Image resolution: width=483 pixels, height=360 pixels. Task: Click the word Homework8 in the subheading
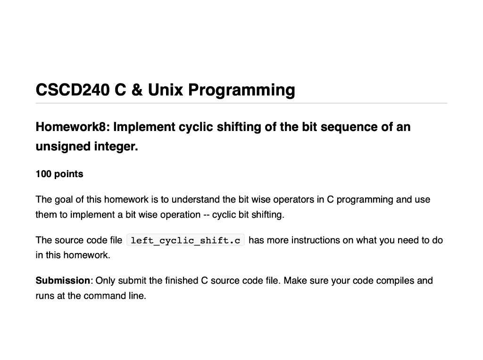(72, 127)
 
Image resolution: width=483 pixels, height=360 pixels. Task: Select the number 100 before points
(43, 174)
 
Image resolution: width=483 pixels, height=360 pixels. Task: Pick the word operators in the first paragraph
(294, 200)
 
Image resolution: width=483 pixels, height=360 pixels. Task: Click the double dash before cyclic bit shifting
(206, 215)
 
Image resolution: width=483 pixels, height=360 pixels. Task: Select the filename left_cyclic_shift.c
(185, 241)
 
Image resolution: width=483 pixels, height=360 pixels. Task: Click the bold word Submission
(63, 281)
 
